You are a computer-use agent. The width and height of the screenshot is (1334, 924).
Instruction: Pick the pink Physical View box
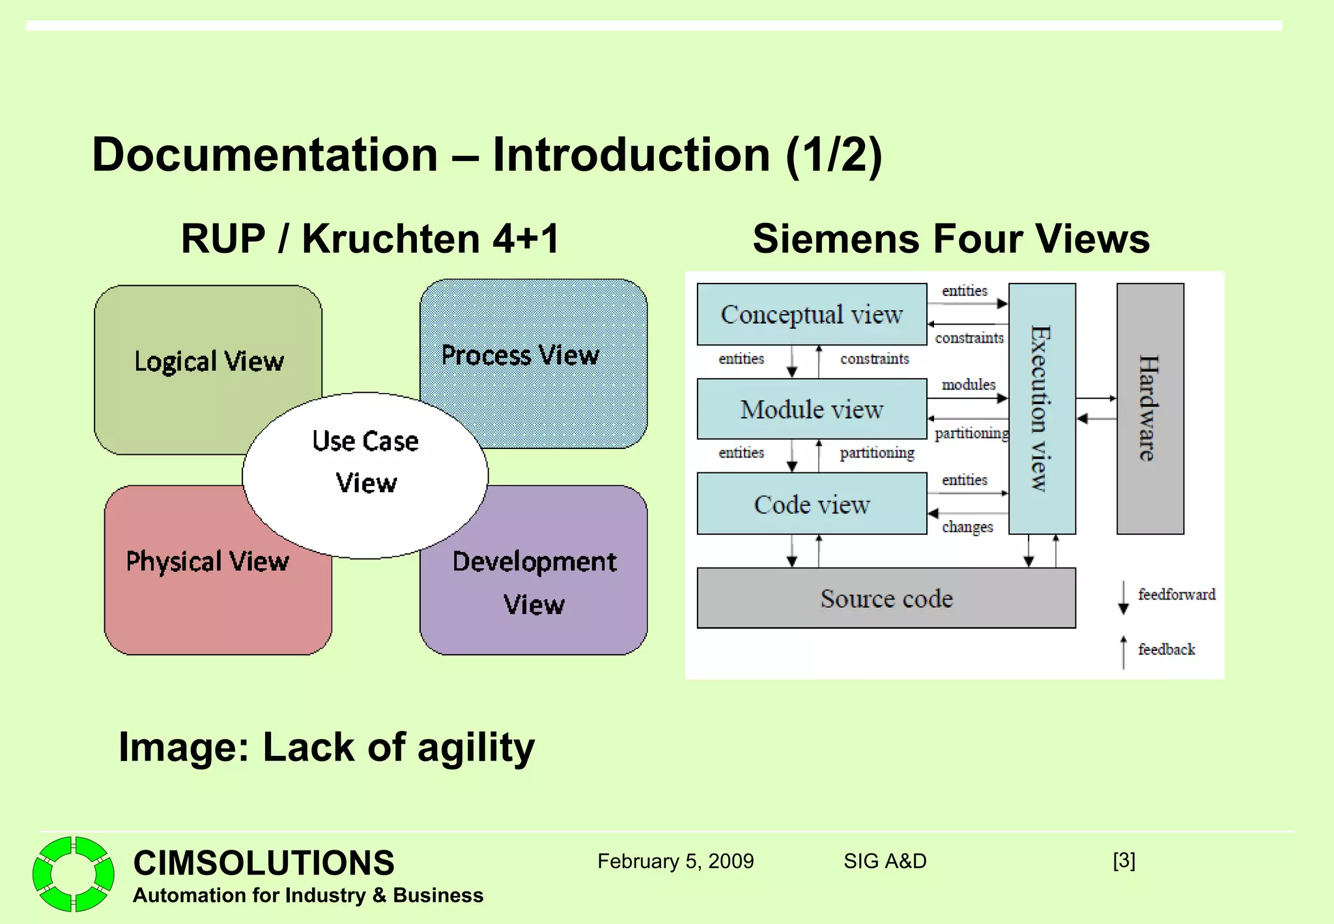pyautogui.click(x=195, y=586)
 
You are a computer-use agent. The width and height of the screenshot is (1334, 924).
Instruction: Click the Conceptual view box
pyautogui.click(x=812, y=314)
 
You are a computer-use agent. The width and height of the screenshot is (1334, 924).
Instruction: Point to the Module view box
pyautogui.click(x=812, y=409)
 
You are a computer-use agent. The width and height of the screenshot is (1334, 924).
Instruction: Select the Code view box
pyautogui.click(x=812, y=504)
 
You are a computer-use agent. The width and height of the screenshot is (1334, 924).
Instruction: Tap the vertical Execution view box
pyautogui.click(x=1042, y=409)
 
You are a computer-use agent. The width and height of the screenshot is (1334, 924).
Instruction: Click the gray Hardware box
pyautogui.click(x=1150, y=409)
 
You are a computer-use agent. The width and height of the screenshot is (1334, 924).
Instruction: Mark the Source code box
pyautogui.click(x=886, y=598)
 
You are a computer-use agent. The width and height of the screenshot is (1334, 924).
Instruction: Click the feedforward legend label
pyautogui.click(x=1176, y=594)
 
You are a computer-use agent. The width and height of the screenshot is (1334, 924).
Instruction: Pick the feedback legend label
pyautogui.click(x=1166, y=650)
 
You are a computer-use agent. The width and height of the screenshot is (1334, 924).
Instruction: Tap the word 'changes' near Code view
pyautogui.click(x=967, y=527)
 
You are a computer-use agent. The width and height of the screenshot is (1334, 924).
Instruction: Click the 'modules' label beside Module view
pyautogui.click(x=969, y=384)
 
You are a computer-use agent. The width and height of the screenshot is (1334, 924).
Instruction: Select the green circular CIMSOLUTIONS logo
pyautogui.click(x=73, y=874)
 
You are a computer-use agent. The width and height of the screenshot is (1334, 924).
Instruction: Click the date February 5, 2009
pyautogui.click(x=675, y=861)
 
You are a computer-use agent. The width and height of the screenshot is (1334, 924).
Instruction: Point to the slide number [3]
pyautogui.click(x=1124, y=861)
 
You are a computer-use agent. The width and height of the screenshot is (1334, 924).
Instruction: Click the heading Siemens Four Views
pyautogui.click(x=951, y=238)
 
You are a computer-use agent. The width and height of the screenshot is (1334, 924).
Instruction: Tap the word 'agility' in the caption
pyautogui.click(x=475, y=747)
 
